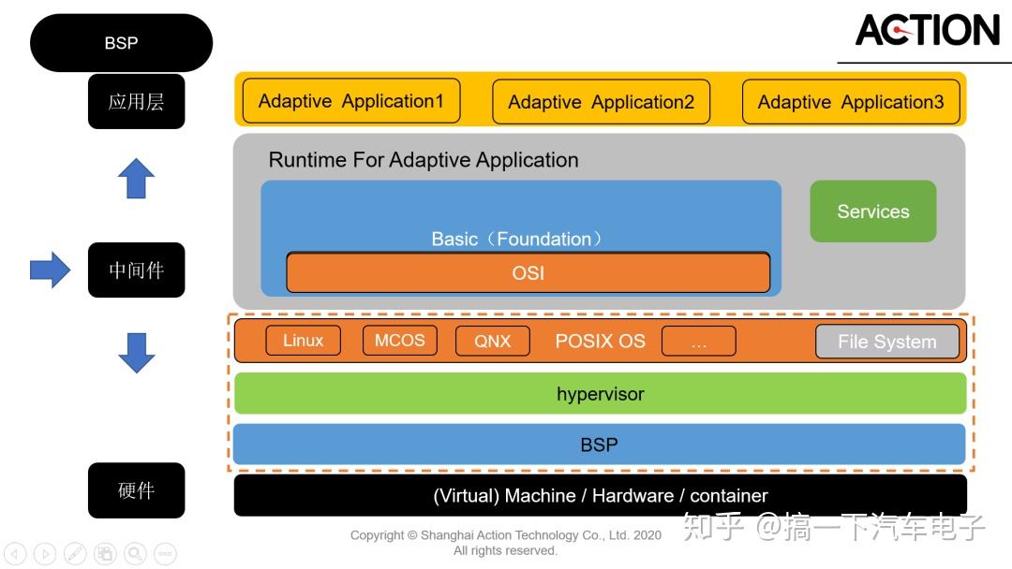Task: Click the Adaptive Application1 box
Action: (x=351, y=101)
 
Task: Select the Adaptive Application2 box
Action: (x=601, y=102)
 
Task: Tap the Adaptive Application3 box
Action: (x=851, y=102)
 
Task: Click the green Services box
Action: (x=872, y=212)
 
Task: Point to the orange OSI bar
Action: (x=528, y=273)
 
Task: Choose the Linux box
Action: (x=303, y=341)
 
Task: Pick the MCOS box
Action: (x=399, y=341)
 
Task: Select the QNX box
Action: (x=493, y=342)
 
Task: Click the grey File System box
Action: (x=886, y=342)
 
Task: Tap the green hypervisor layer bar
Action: (x=600, y=394)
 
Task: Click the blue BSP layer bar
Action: (x=600, y=445)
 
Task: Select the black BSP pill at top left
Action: (x=121, y=43)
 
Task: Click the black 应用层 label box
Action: (x=136, y=101)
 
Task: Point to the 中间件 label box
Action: (x=136, y=270)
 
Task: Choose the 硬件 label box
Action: (x=136, y=490)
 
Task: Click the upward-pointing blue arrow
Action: (x=136, y=178)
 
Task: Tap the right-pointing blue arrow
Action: (x=50, y=270)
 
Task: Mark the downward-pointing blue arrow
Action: (x=136, y=353)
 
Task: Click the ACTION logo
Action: (x=927, y=31)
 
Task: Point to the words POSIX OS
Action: (x=600, y=342)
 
